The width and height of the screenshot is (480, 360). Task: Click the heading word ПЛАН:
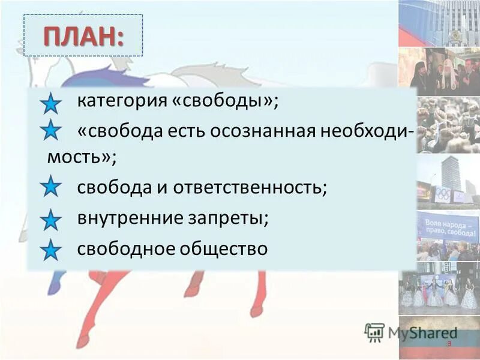click(83, 35)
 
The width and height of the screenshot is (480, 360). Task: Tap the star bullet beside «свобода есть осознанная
click(51, 131)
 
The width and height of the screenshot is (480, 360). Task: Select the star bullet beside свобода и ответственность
click(51, 187)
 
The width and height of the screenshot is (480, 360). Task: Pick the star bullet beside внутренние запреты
click(51, 220)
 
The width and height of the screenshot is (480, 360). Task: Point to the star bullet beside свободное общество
click(51, 250)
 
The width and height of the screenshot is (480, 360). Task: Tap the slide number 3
click(448, 343)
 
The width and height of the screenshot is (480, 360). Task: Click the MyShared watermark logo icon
click(374, 332)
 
